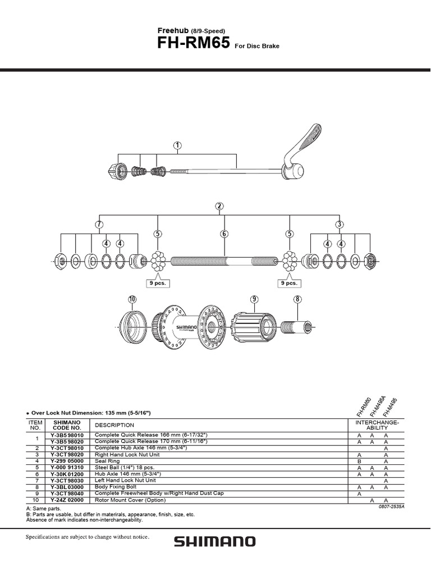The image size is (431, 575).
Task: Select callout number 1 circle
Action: coord(177,146)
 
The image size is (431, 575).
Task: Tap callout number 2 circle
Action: coord(219,207)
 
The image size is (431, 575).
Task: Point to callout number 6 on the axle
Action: coord(224,234)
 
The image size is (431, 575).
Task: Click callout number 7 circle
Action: coord(99,225)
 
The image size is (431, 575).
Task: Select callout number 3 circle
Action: coord(340,225)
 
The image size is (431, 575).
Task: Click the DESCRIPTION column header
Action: coord(114,425)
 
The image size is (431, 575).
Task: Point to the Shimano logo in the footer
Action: coord(215,542)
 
